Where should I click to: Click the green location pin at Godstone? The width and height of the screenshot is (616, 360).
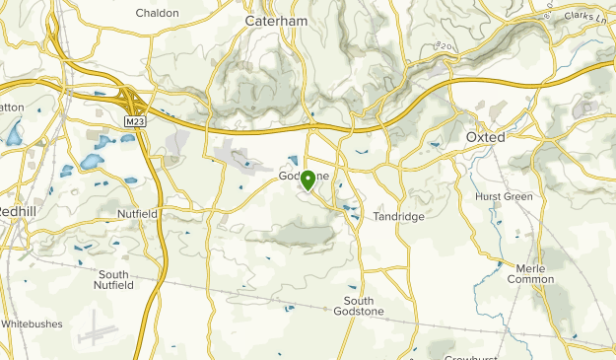[x=308, y=180]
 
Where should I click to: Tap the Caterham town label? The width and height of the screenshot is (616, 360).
[x=275, y=21]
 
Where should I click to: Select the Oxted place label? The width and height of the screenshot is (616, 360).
[x=485, y=137]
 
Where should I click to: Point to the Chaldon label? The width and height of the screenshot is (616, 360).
[x=158, y=13]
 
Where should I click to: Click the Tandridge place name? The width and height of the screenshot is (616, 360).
[x=398, y=217]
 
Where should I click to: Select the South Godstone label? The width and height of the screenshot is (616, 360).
[x=364, y=306]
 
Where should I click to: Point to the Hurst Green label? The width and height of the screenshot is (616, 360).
[x=504, y=197]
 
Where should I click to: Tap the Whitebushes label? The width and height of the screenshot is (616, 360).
[x=32, y=323]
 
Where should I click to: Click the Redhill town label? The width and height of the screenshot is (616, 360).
[x=16, y=212]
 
